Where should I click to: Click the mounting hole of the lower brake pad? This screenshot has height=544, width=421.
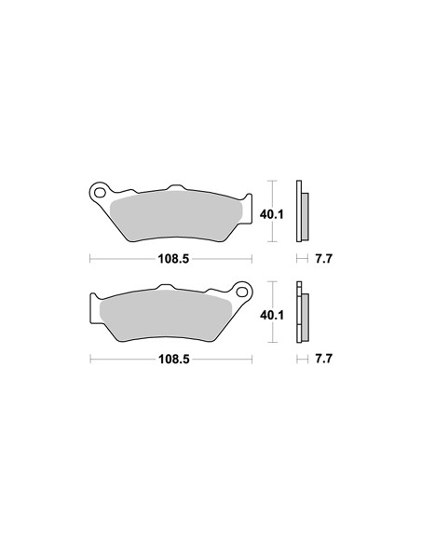coord(242,292)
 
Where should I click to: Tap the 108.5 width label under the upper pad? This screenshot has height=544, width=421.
coord(173,258)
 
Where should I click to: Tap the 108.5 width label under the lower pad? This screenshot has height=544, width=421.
coord(174,359)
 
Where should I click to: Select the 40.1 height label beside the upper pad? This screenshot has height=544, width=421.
coord(272,214)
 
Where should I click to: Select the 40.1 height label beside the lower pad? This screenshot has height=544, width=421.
coord(272,315)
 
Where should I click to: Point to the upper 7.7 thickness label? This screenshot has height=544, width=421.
coord(323,258)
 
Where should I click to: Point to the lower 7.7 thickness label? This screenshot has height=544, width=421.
coord(323,359)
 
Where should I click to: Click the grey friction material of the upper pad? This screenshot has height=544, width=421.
coord(176,216)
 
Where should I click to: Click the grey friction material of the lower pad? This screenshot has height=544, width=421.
coord(166,317)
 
